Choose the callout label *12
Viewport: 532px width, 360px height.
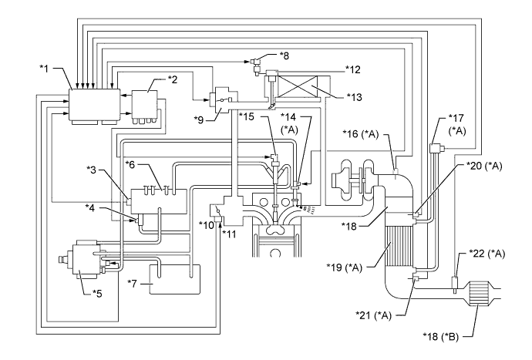353,69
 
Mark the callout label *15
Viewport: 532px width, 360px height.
249,115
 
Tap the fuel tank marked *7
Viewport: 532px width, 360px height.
173,280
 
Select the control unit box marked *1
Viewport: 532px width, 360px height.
93,104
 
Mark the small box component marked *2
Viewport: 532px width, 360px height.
144,103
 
